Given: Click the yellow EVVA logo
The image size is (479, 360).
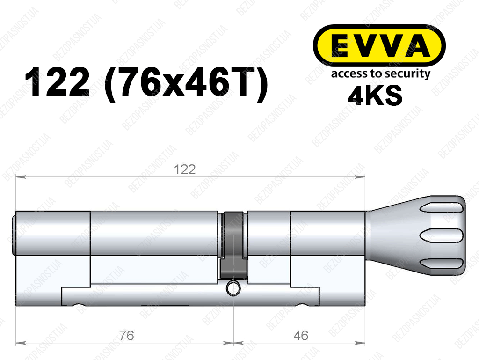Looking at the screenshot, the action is (x=379, y=45).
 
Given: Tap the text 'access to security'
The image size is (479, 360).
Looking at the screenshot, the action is (x=381, y=74).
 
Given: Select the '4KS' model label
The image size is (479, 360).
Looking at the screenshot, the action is (x=375, y=96).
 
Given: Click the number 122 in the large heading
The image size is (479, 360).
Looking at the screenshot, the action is (x=57, y=82).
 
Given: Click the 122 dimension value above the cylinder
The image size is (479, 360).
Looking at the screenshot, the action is (x=184, y=169).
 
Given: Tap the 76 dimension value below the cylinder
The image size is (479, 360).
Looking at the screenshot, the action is (x=126, y=336).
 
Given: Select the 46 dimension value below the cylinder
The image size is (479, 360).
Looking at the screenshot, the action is (x=301, y=336).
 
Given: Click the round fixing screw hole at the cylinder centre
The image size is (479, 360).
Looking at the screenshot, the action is (x=233, y=289).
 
